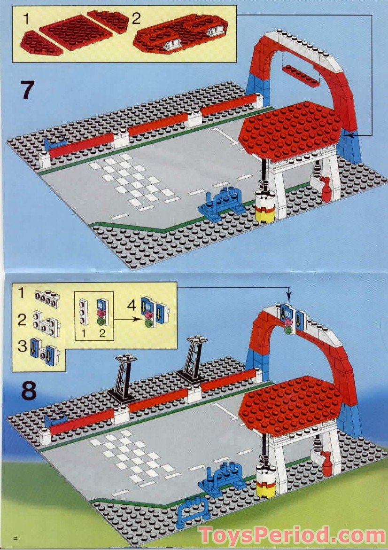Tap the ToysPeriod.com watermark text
tap(291, 535)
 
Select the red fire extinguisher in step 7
tap(326, 189)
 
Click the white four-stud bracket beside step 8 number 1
tap(46, 297)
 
